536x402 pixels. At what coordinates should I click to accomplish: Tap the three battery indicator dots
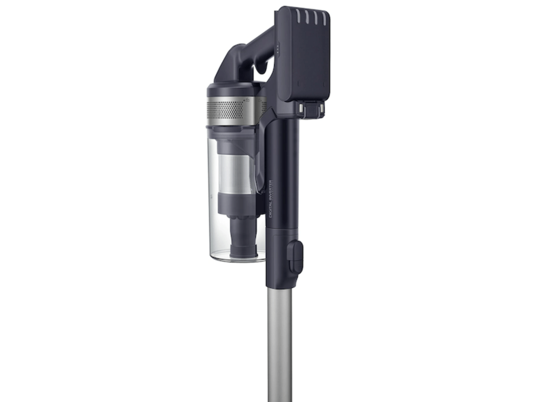278,49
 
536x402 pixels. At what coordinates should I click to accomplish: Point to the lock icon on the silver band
248,100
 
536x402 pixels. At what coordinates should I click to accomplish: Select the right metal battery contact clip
321,109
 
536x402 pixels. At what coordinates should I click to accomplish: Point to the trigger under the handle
261,67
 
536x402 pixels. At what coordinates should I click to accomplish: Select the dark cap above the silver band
232,89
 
